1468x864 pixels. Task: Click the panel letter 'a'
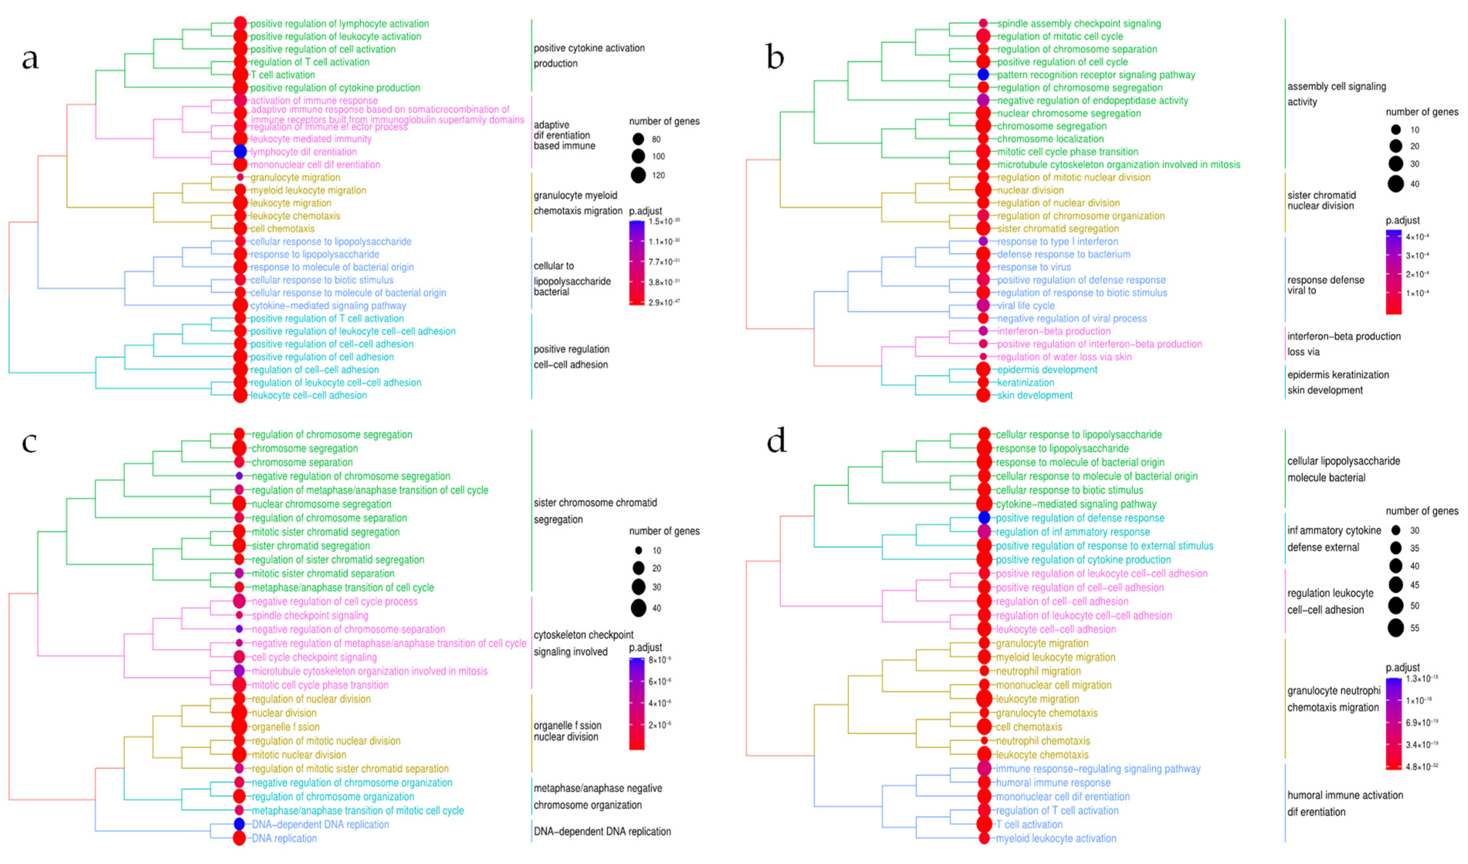[30, 58]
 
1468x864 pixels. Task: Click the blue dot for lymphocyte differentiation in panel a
[240, 151]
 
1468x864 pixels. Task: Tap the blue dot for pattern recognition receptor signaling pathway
[983, 75]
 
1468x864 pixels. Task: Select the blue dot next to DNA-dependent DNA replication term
[239, 824]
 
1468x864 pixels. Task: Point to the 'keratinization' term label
[1025, 383]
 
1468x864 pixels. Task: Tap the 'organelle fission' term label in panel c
[286, 727]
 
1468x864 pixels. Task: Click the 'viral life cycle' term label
[1026, 306]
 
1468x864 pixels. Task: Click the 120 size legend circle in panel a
[638, 175]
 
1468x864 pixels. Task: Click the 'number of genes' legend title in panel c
[664, 531]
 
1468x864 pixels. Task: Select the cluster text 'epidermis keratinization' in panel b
[1338, 374]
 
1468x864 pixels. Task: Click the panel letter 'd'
[776, 441]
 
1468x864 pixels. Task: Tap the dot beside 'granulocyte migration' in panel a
[240, 177]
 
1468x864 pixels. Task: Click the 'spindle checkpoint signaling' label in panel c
[310, 615]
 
